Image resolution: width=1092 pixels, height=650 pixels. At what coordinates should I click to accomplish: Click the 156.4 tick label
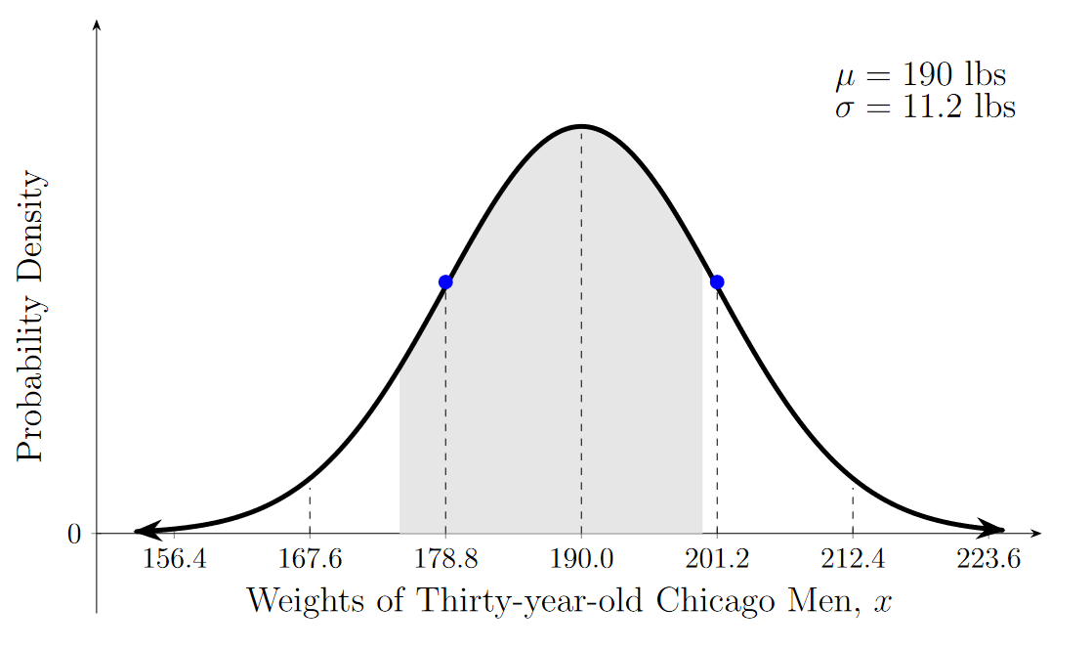174,560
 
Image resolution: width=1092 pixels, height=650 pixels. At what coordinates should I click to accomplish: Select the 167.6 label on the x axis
310,560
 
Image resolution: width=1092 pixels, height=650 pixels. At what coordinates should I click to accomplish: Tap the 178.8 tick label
445,560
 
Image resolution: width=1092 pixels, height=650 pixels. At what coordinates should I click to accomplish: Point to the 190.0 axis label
581,560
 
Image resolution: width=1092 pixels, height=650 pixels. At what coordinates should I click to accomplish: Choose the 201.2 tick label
717,560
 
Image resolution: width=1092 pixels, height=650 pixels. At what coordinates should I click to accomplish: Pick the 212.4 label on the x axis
853,560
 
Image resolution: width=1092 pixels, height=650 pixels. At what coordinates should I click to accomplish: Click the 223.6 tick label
988,560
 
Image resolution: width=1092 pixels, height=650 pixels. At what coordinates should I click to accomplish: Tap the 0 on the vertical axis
74,535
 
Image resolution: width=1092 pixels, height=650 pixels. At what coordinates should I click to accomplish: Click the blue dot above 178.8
445,282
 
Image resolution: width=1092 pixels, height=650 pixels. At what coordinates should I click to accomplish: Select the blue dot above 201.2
717,282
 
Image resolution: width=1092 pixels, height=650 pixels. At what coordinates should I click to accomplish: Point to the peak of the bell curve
581,127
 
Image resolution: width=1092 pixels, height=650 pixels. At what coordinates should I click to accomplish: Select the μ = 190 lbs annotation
919,75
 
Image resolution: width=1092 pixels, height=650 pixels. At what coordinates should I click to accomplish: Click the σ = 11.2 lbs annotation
924,107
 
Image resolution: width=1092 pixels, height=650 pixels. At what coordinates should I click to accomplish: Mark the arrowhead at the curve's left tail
143,533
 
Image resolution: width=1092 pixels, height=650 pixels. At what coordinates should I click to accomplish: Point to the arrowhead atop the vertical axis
96,24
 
